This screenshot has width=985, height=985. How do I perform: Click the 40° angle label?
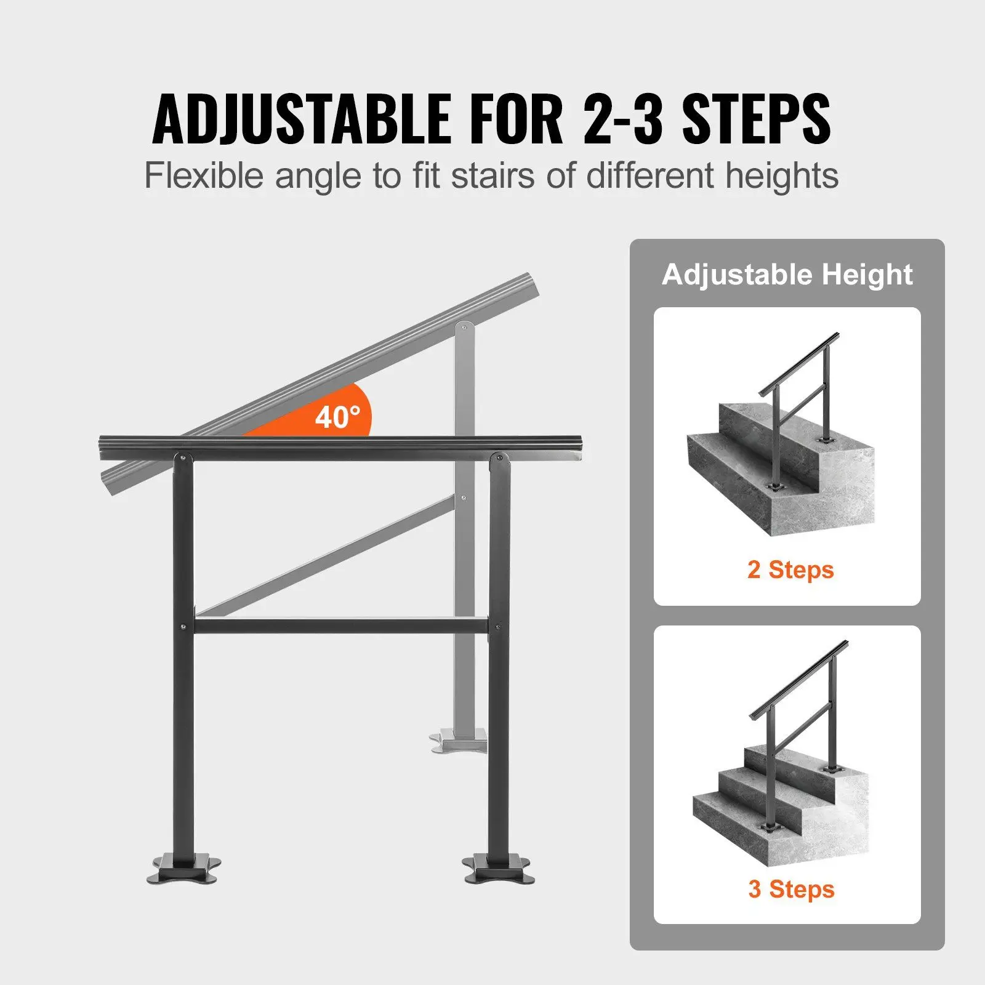pyautogui.click(x=337, y=417)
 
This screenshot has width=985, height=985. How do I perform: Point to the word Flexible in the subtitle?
pyautogui.click(x=203, y=176)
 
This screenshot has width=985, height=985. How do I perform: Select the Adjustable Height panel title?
pyautogui.click(x=787, y=275)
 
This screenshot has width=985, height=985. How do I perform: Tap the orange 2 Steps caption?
pyautogui.click(x=790, y=569)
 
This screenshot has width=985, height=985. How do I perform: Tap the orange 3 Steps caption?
pyautogui.click(x=791, y=889)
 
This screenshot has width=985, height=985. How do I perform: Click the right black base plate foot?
pyautogui.click(x=499, y=869)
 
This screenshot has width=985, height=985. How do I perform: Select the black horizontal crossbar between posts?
pyautogui.click(x=342, y=627)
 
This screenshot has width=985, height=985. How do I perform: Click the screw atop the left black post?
pyautogui.click(x=183, y=457)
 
